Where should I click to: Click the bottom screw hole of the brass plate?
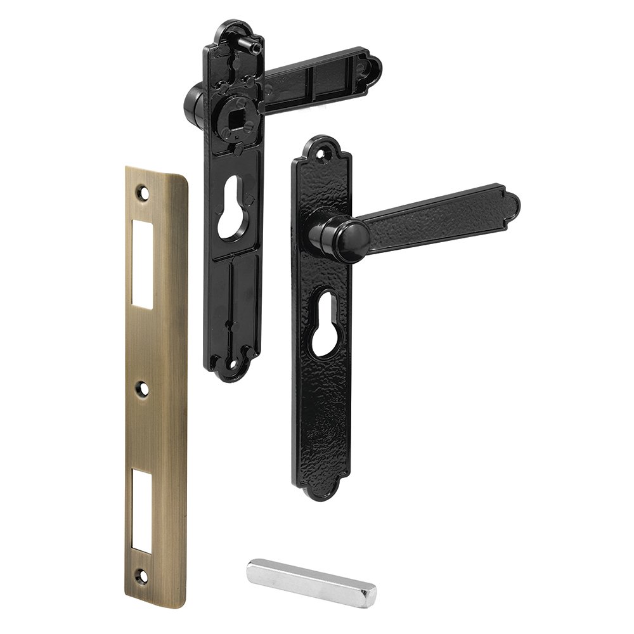141,578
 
